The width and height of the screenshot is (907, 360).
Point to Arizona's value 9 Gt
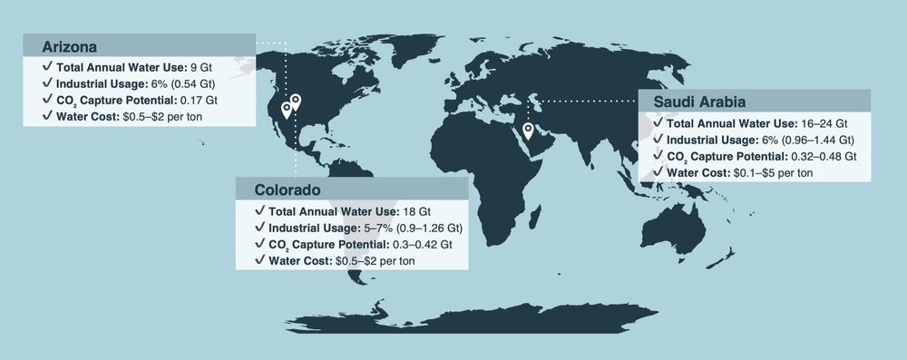tap(201, 67)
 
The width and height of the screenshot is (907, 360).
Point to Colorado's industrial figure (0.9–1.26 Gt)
tap(426, 228)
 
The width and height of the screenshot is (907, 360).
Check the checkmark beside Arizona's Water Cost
tap(46, 116)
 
